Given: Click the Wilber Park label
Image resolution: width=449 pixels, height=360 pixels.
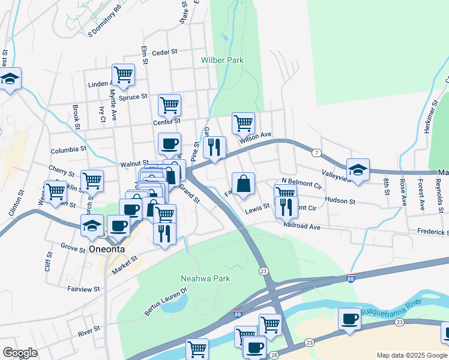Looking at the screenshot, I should [x=223, y=61].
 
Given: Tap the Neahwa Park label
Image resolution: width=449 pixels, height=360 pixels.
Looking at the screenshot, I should [x=205, y=278].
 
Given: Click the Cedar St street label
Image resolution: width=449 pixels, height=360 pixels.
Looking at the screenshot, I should [x=164, y=52].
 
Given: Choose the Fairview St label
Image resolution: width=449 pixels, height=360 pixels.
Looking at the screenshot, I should [x=83, y=289].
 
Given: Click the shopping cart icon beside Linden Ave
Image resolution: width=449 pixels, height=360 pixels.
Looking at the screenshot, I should [x=123, y=75].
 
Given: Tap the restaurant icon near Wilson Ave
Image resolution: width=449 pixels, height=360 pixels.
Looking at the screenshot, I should [x=214, y=146].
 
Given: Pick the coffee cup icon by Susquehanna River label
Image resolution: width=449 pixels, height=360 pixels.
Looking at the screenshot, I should [x=349, y=319].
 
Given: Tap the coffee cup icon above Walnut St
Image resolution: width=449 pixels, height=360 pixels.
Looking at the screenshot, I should [x=169, y=144].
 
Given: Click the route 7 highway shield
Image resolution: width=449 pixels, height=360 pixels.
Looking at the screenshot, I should [x=316, y=153].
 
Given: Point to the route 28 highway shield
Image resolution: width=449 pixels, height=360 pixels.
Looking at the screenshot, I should [x=274, y=356].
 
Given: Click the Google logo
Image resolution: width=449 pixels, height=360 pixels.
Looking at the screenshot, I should [x=20, y=352].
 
